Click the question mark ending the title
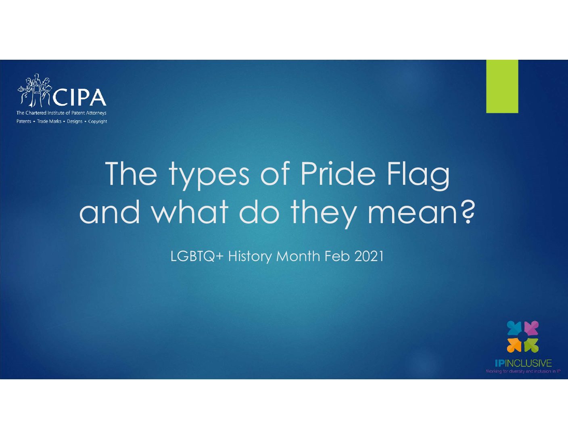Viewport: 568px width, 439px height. (466, 212)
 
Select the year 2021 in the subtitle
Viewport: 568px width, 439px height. (369, 257)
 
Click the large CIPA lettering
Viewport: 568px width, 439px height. (79, 98)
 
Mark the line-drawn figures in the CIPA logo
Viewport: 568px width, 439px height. (35, 90)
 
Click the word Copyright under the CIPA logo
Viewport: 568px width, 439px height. (98, 121)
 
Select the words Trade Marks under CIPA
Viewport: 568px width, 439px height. (49, 121)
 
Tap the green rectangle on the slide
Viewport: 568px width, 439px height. (502, 86)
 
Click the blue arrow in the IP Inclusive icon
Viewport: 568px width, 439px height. (514, 328)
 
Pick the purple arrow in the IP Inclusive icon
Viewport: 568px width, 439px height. (532, 328)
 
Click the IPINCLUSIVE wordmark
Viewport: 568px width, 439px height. (523, 363)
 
